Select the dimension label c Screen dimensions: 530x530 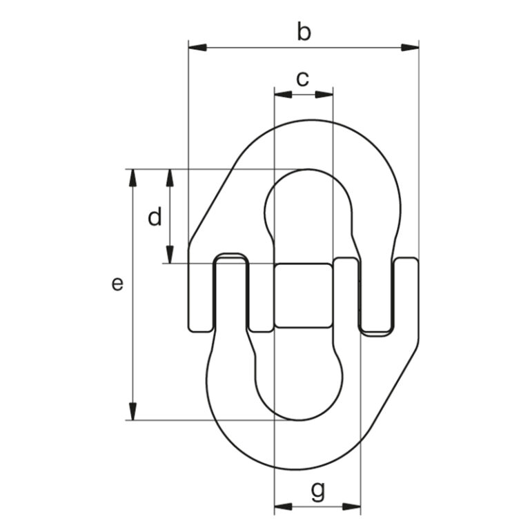302,79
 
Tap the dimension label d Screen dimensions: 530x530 155,218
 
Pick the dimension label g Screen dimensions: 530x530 317,491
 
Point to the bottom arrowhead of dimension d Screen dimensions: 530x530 169,255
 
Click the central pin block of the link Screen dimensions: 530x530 303,295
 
